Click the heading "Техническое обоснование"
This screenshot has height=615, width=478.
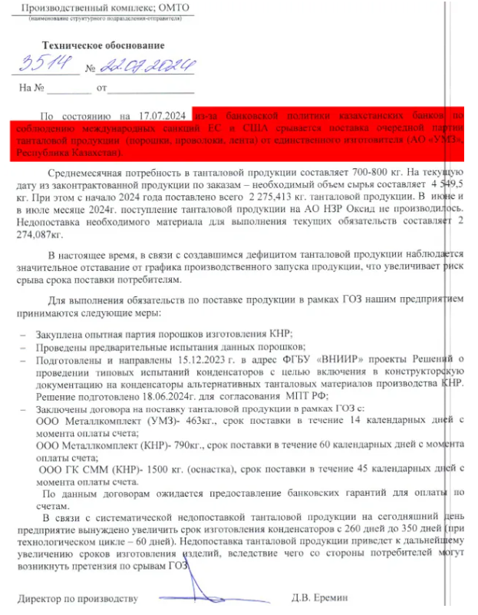pyautogui.click(x=103, y=45)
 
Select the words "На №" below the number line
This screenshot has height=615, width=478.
pyautogui.click(x=34, y=88)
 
